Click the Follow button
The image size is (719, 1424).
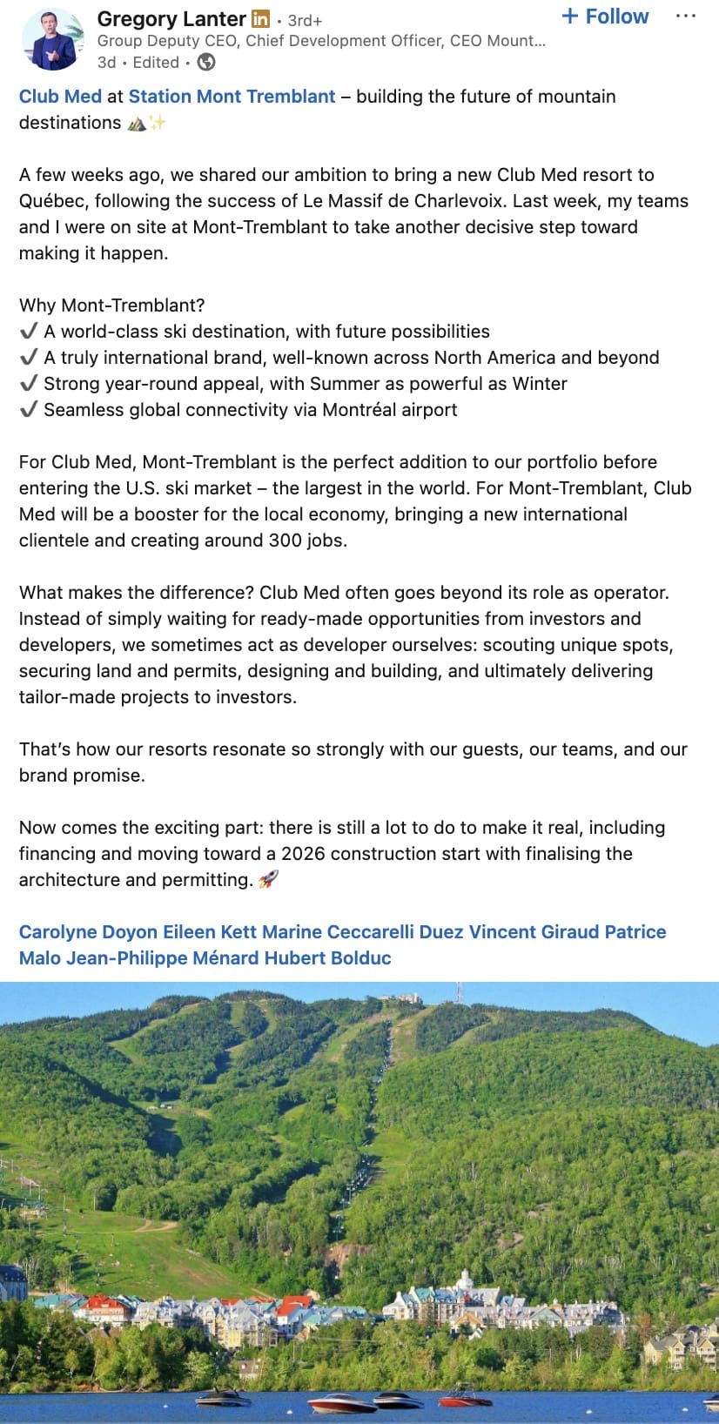tap(606, 17)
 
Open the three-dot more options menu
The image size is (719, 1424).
tap(686, 17)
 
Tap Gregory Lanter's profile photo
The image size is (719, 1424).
tap(51, 40)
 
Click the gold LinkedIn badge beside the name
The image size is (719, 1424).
tap(260, 18)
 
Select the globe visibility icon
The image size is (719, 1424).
tap(206, 62)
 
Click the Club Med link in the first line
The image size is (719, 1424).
tap(60, 97)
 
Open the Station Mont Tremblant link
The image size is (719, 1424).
tap(232, 97)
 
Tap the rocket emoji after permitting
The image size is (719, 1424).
tap(269, 879)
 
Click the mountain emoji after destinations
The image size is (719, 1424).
tap(137, 123)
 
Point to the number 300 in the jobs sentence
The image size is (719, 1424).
tap(285, 541)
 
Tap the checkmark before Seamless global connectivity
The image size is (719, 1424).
tap(29, 410)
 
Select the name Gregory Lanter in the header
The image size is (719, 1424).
tap(171, 18)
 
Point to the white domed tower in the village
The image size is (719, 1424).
tap(465, 1280)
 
